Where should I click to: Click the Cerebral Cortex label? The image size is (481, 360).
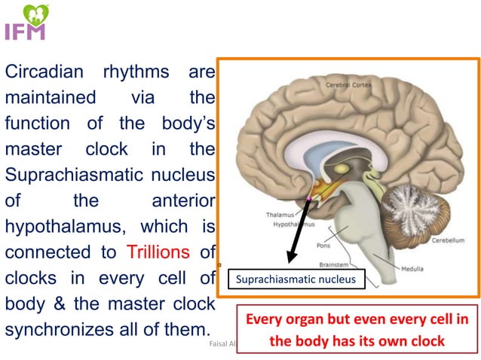pyautogui.click(x=349, y=86)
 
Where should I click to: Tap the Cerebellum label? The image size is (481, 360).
pyautogui.click(x=448, y=242)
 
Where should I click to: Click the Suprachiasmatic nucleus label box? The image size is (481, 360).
pyautogui.click(x=295, y=280)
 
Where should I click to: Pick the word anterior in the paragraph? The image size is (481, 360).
pyautogui.click(x=184, y=200)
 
